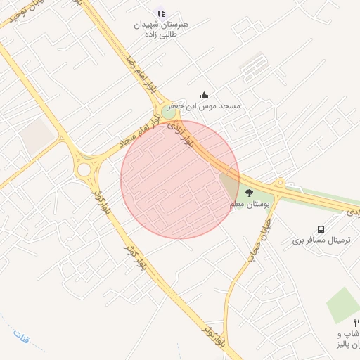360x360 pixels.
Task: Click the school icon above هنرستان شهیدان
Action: (x=161, y=13)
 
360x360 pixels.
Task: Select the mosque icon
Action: (x=204, y=95)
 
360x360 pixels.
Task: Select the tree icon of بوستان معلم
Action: (x=248, y=192)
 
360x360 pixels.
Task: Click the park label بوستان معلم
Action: (x=250, y=204)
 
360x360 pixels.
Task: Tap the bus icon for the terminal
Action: (x=321, y=229)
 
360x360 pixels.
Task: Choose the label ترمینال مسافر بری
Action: (x=321, y=240)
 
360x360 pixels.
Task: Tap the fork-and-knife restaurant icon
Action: (x=356, y=322)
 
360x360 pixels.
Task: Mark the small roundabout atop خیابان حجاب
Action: (x=279, y=184)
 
